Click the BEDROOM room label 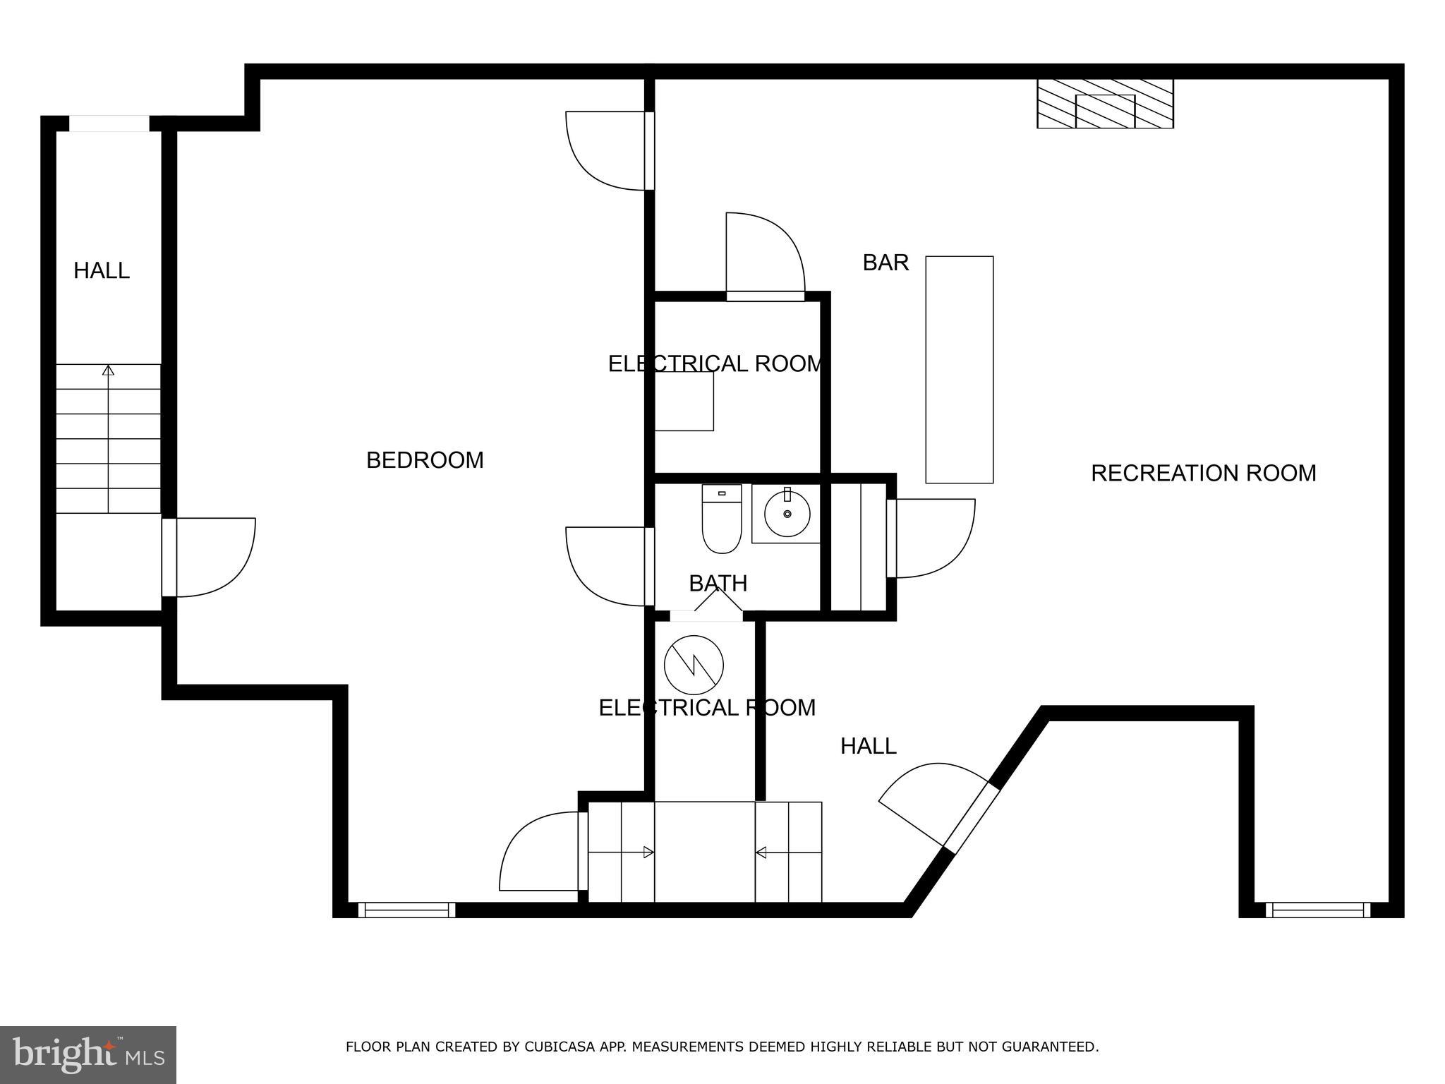point(425,460)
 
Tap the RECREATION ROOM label point(1203,473)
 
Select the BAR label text point(885,263)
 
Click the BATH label point(718,584)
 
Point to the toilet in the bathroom point(721,522)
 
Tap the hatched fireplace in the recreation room point(1104,104)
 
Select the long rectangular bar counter point(959,370)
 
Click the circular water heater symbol point(694,665)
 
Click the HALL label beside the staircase point(102,271)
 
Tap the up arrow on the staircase point(108,371)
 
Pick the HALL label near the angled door point(868,746)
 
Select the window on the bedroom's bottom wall point(407,910)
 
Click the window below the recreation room point(1317,910)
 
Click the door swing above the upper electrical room point(766,251)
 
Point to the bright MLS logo point(88,1054)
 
